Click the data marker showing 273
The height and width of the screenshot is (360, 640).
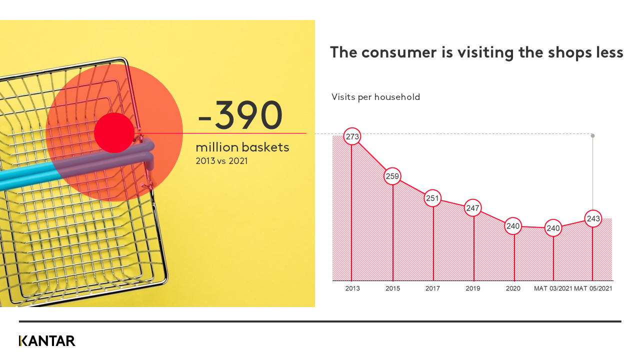click(352, 136)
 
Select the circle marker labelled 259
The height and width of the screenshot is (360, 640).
click(392, 176)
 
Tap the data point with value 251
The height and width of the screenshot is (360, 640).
click(432, 198)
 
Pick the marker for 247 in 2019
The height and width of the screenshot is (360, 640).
click(473, 207)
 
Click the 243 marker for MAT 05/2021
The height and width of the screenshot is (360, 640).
click(593, 219)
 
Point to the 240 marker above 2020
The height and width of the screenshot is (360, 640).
click(513, 226)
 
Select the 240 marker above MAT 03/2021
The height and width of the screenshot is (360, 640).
click(553, 228)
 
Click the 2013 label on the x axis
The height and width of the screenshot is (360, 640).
click(352, 288)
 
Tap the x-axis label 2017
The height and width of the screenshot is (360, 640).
click(432, 288)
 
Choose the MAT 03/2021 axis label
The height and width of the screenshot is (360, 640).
click(552, 288)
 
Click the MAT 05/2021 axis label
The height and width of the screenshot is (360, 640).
click(593, 288)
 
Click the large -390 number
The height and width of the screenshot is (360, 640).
click(240, 116)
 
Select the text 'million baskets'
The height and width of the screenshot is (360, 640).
click(242, 147)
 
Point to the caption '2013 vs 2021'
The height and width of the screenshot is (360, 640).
click(221, 161)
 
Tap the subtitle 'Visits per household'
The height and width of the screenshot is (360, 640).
click(375, 97)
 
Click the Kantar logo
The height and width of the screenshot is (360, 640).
click(47, 341)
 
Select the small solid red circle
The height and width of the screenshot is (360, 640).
click(114, 132)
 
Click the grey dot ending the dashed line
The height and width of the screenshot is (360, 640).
click(593, 135)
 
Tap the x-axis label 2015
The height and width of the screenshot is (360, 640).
click(392, 288)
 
